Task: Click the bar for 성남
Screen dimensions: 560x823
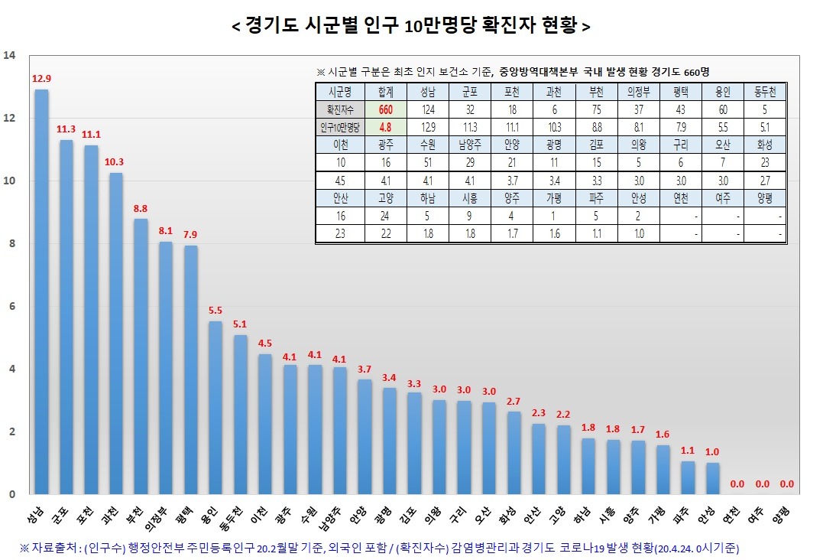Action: pos(41,291)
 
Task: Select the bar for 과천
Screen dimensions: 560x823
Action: pos(116,333)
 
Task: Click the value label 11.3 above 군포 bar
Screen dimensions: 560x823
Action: pos(66,129)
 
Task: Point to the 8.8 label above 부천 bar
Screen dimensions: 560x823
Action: pos(141,208)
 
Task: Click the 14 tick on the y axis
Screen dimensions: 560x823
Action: pos(9,55)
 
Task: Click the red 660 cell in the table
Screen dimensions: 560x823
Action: pos(385,109)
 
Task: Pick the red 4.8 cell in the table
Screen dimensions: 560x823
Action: pos(385,127)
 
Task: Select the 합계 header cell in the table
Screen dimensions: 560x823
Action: pos(385,92)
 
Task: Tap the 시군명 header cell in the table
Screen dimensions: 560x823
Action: pos(337,92)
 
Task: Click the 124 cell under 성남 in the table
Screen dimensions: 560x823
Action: pos(427,109)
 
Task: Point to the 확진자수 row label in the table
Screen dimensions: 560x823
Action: pos(337,109)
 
